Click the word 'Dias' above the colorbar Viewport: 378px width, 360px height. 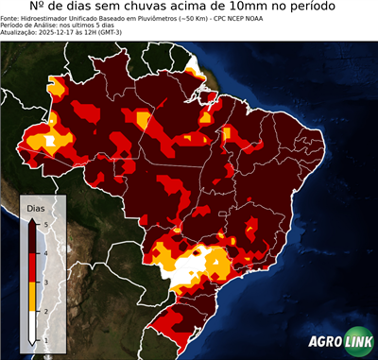pyautogui.click(x=36, y=207)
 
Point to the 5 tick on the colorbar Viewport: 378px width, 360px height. pyautogui.click(x=45, y=224)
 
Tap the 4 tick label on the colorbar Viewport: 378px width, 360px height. pyautogui.click(x=45, y=253)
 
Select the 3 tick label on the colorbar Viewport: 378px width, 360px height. pyautogui.click(x=45, y=282)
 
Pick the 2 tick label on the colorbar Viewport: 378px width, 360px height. pyautogui.click(x=45, y=311)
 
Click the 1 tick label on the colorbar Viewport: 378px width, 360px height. pyautogui.click(x=45, y=339)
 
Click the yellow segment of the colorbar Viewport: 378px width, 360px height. pyautogui.click(x=32, y=297)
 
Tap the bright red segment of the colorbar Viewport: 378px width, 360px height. pyautogui.click(x=32, y=267)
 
